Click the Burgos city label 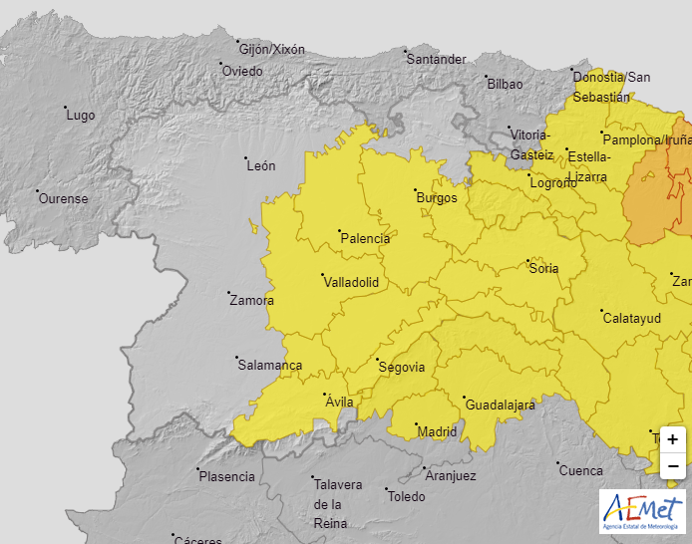pyautogui.click(x=436, y=198)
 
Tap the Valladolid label pyautogui.click(x=351, y=283)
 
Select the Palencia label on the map pyautogui.click(x=365, y=239)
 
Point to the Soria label pyautogui.click(x=544, y=269)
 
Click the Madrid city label pyautogui.click(x=437, y=432)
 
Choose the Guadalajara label pyautogui.click(x=500, y=406)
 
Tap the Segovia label pyautogui.click(x=402, y=368)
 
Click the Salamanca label pyautogui.click(x=269, y=366)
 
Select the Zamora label pyautogui.click(x=250, y=300)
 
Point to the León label pyautogui.click(x=260, y=166)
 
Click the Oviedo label pyautogui.click(x=242, y=72)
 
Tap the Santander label pyautogui.click(x=437, y=60)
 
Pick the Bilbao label pyautogui.click(x=505, y=85)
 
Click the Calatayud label pyautogui.click(x=632, y=318)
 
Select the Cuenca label pyautogui.click(x=581, y=471)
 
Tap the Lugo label pyautogui.click(x=80, y=116)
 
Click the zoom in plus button pyautogui.click(x=673, y=439)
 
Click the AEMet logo pyautogui.click(x=642, y=511)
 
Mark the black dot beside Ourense pyautogui.click(x=37, y=191)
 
